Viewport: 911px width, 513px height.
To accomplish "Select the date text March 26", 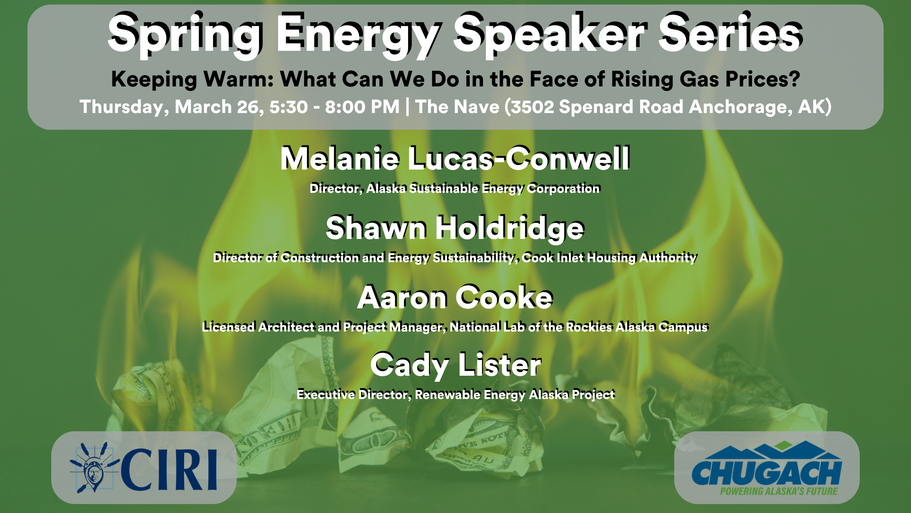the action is pos(217,107).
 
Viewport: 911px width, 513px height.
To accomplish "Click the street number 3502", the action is pos(532,107).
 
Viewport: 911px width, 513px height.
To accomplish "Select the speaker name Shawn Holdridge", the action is pos(455,228).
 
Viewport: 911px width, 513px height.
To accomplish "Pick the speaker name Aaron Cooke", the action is pos(455,297).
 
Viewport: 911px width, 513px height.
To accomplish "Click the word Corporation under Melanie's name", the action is pos(563,189).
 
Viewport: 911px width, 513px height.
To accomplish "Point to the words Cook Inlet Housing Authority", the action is pos(609,258).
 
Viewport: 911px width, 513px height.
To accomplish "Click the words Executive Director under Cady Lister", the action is pos(353,395).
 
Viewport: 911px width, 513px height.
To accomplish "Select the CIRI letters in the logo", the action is pos(169,470).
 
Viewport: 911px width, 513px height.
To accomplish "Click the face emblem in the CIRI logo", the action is pos(93,473).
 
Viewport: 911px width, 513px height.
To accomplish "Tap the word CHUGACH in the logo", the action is pos(766,473).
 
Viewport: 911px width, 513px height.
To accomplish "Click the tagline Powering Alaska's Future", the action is pos(779,491).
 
